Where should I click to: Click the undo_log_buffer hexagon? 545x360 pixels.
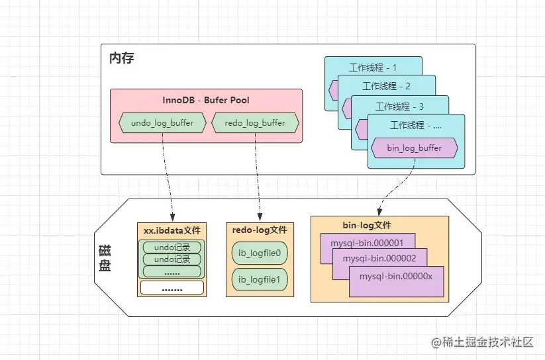click(x=162, y=122)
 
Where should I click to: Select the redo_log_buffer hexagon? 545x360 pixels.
click(x=255, y=122)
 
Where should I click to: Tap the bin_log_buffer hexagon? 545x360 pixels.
click(x=415, y=148)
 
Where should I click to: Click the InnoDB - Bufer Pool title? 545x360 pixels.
click(x=206, y=100)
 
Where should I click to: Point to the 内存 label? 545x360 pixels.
click(x=122, y=58)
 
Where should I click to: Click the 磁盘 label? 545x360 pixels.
click(x=105, y=258)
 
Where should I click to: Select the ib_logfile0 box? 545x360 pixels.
click(x=260, y=253)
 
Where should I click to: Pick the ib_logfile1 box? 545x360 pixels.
click(x=260, y=279)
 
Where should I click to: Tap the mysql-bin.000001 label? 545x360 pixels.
click(x=367, y=243)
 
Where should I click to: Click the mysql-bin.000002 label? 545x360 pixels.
click(x=379, y=258)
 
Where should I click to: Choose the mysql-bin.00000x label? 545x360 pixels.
click(x=396, y=277)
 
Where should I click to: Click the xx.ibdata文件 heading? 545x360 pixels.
click(x=172, y=230)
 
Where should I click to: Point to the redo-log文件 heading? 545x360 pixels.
click(x=260, y=230)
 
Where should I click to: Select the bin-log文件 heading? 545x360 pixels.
click(x=367, y=225)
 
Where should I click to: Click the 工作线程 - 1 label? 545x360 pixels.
click(x=373, y=67)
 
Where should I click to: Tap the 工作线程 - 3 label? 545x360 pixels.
click(x=399, y=107)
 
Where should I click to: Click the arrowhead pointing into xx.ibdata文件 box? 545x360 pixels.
click(x=172, y=218)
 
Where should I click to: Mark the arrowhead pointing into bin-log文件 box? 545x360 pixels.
click(x=379, y=211)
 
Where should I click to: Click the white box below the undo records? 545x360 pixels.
click(x=172, y=288)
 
